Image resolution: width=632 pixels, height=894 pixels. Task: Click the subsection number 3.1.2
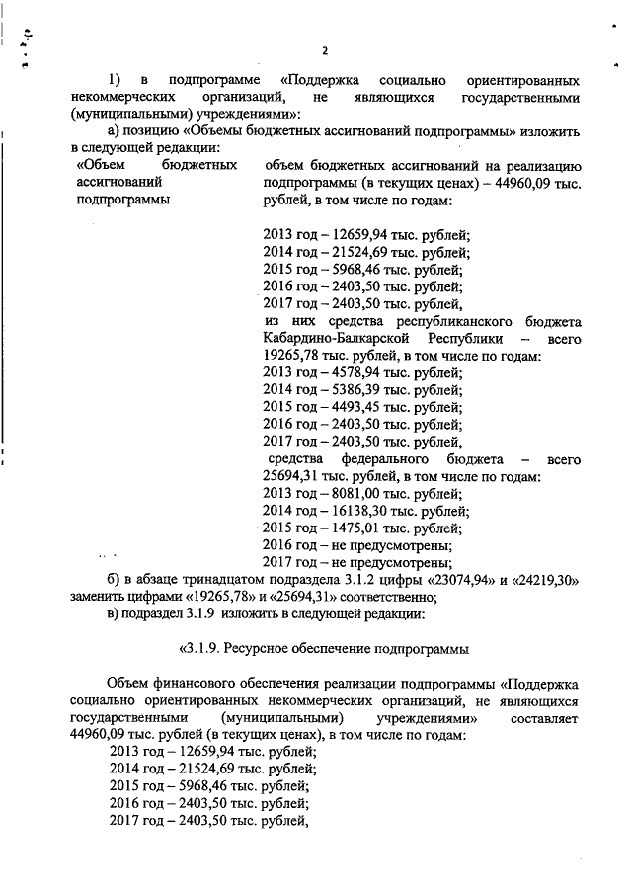(x=354, y=579)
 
